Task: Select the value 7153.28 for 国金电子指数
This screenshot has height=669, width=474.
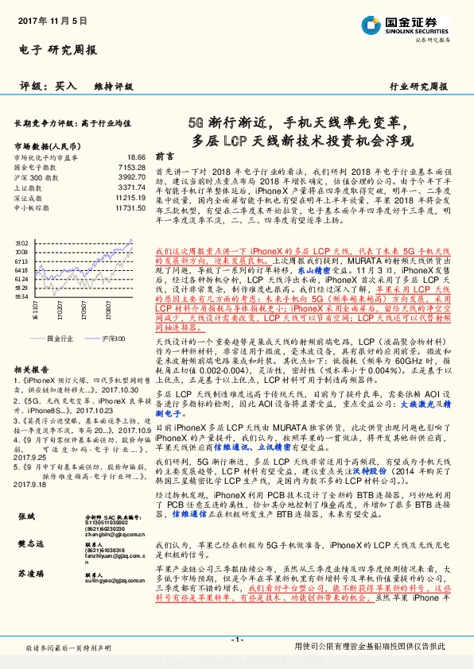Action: click(x=132, y=168)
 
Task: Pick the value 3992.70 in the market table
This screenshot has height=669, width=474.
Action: click(x=132, y=177)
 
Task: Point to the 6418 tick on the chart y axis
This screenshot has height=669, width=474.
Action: click(x=21, y=269)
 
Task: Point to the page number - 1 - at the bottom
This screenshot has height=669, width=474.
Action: click(x=236, y=639)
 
